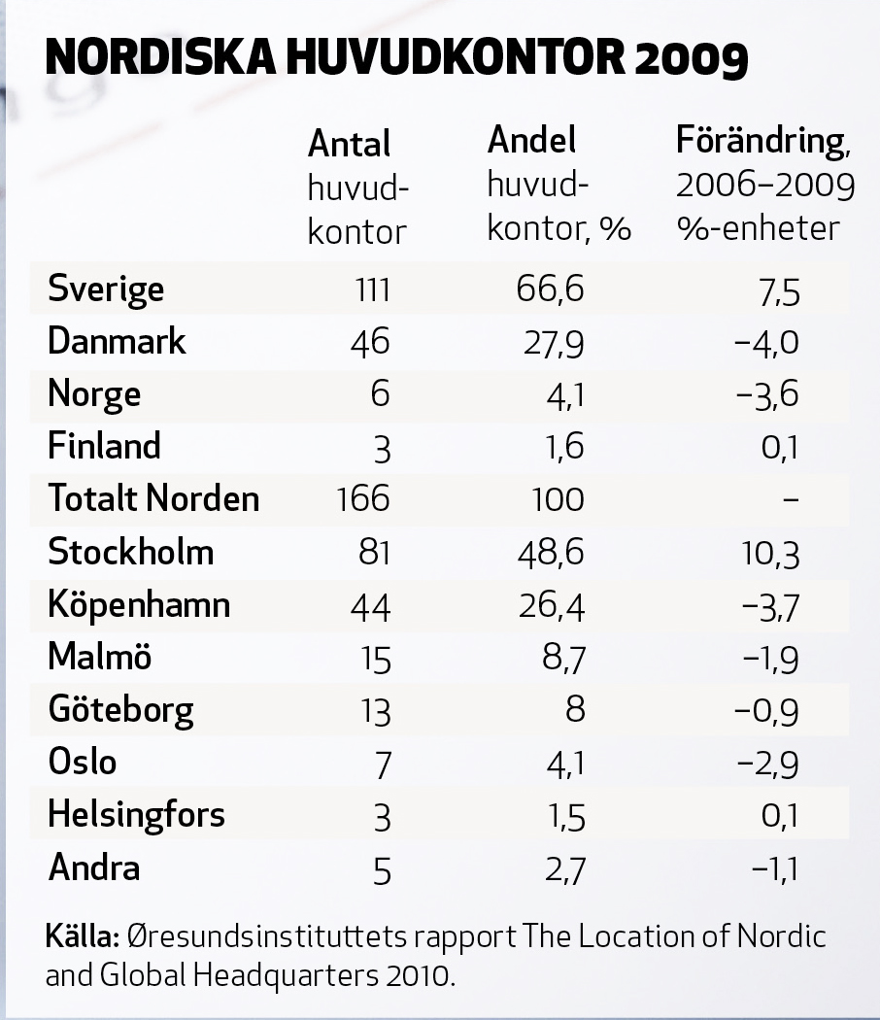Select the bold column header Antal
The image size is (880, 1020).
349,145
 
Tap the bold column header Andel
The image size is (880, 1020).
531,141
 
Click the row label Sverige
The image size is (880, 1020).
106,289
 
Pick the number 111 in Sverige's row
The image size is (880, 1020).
371,289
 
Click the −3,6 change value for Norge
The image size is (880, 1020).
768,395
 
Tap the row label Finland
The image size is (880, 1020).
104,447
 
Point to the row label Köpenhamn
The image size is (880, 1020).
139,605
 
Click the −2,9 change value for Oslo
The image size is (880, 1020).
768,764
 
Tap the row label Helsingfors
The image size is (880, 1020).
136,815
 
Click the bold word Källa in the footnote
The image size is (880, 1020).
82,937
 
